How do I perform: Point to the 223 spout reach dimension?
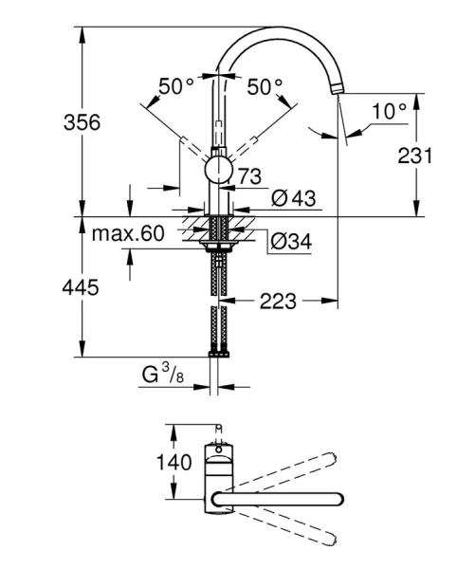point(277,302)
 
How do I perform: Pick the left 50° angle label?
point(175,86)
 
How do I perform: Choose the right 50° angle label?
point(265,86)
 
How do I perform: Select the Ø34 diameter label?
point(291,243)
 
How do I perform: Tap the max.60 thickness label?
point(128,232)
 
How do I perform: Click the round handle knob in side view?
point(219,171)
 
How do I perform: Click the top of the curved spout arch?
point(277,28)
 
